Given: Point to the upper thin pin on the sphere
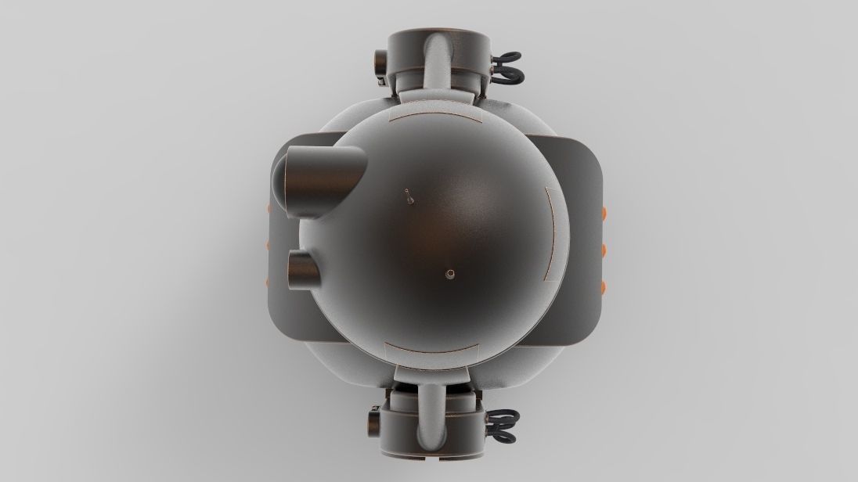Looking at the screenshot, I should (408, 196).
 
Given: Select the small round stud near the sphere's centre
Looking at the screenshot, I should (449, 273).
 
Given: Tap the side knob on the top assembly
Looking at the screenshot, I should (380, 67).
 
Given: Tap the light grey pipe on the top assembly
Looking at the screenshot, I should (435, 63).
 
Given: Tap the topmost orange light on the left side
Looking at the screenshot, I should (269, 207).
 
